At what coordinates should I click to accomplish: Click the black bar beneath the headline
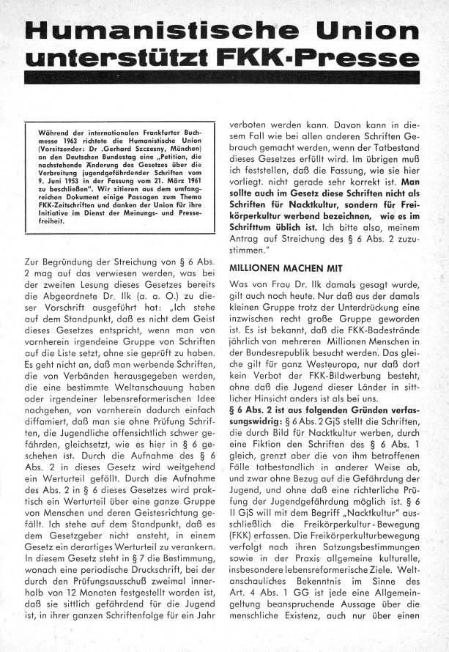224,81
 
